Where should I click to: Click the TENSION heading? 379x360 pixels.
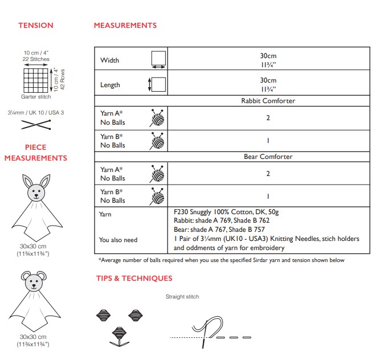(35, 26)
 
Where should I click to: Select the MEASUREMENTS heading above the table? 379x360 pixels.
(125, 26)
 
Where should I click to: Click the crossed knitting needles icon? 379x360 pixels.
(35, 125)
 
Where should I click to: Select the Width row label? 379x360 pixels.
(110, 60)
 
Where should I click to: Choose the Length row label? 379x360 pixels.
(110, 85)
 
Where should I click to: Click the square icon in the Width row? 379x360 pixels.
(157, 59)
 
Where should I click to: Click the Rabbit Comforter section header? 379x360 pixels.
(267, 101)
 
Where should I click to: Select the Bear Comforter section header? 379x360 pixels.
(267, 157)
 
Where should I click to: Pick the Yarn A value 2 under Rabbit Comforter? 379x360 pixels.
(267, 118)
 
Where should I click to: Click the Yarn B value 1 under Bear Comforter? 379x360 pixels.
(267, 196)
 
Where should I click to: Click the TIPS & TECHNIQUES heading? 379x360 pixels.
(133, 279)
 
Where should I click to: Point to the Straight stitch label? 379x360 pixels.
(182, 297)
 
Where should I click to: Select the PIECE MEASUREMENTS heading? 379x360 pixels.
(35, 153)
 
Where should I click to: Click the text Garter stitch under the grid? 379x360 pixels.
(35, 97)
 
